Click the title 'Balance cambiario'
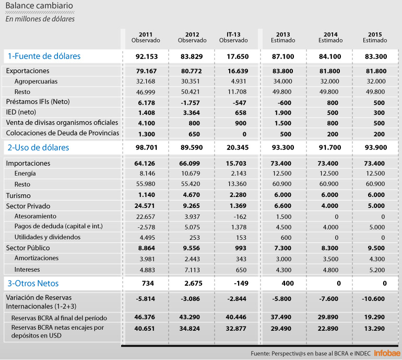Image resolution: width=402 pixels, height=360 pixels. [39, 7]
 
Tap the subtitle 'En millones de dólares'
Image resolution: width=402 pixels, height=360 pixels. [40, 19]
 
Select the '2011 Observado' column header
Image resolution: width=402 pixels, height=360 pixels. [146, 37]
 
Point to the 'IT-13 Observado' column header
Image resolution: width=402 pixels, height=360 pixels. [233, 37]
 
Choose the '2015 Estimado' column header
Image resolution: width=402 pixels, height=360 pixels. [375, 37]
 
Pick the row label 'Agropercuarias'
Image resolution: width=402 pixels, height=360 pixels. [36, 82]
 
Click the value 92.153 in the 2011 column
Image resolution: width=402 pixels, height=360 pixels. [146, 56]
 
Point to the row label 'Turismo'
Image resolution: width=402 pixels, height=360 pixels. [18, 195]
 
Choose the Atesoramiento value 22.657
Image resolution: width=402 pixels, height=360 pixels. [146, 216]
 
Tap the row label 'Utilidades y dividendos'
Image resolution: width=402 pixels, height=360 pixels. [48, 237]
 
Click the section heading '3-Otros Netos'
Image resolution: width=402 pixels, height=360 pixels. [32, 284]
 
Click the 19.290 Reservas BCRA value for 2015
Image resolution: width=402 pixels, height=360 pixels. [375, 317]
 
